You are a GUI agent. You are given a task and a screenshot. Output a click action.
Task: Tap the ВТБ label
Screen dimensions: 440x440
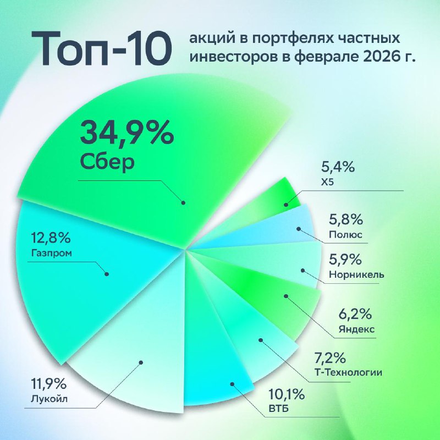(x=279, y=409)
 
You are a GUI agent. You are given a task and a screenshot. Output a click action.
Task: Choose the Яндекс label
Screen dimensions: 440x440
(x=357, y=329)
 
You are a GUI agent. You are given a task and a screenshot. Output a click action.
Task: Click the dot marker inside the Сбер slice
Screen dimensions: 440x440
(x=184, y=202)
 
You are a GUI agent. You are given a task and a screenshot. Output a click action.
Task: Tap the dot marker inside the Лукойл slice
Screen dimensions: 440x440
(x=141, y=361)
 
